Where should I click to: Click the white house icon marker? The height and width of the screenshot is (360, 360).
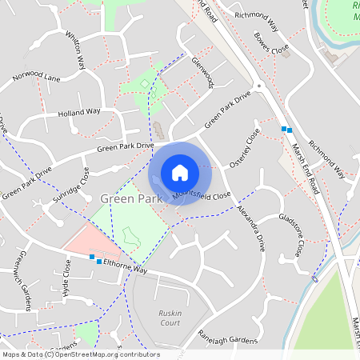point(180,173)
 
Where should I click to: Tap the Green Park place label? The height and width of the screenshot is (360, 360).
point(132,197)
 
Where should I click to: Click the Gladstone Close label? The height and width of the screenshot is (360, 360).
point(291,235)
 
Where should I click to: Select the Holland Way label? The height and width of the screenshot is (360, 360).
point(78,113)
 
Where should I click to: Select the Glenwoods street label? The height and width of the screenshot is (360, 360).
point(203,72)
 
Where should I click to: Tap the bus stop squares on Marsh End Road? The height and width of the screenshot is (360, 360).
point(286,129)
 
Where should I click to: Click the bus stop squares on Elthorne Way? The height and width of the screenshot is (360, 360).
point(95,259)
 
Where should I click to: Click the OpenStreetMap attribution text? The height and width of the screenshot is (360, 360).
point(80,354)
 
